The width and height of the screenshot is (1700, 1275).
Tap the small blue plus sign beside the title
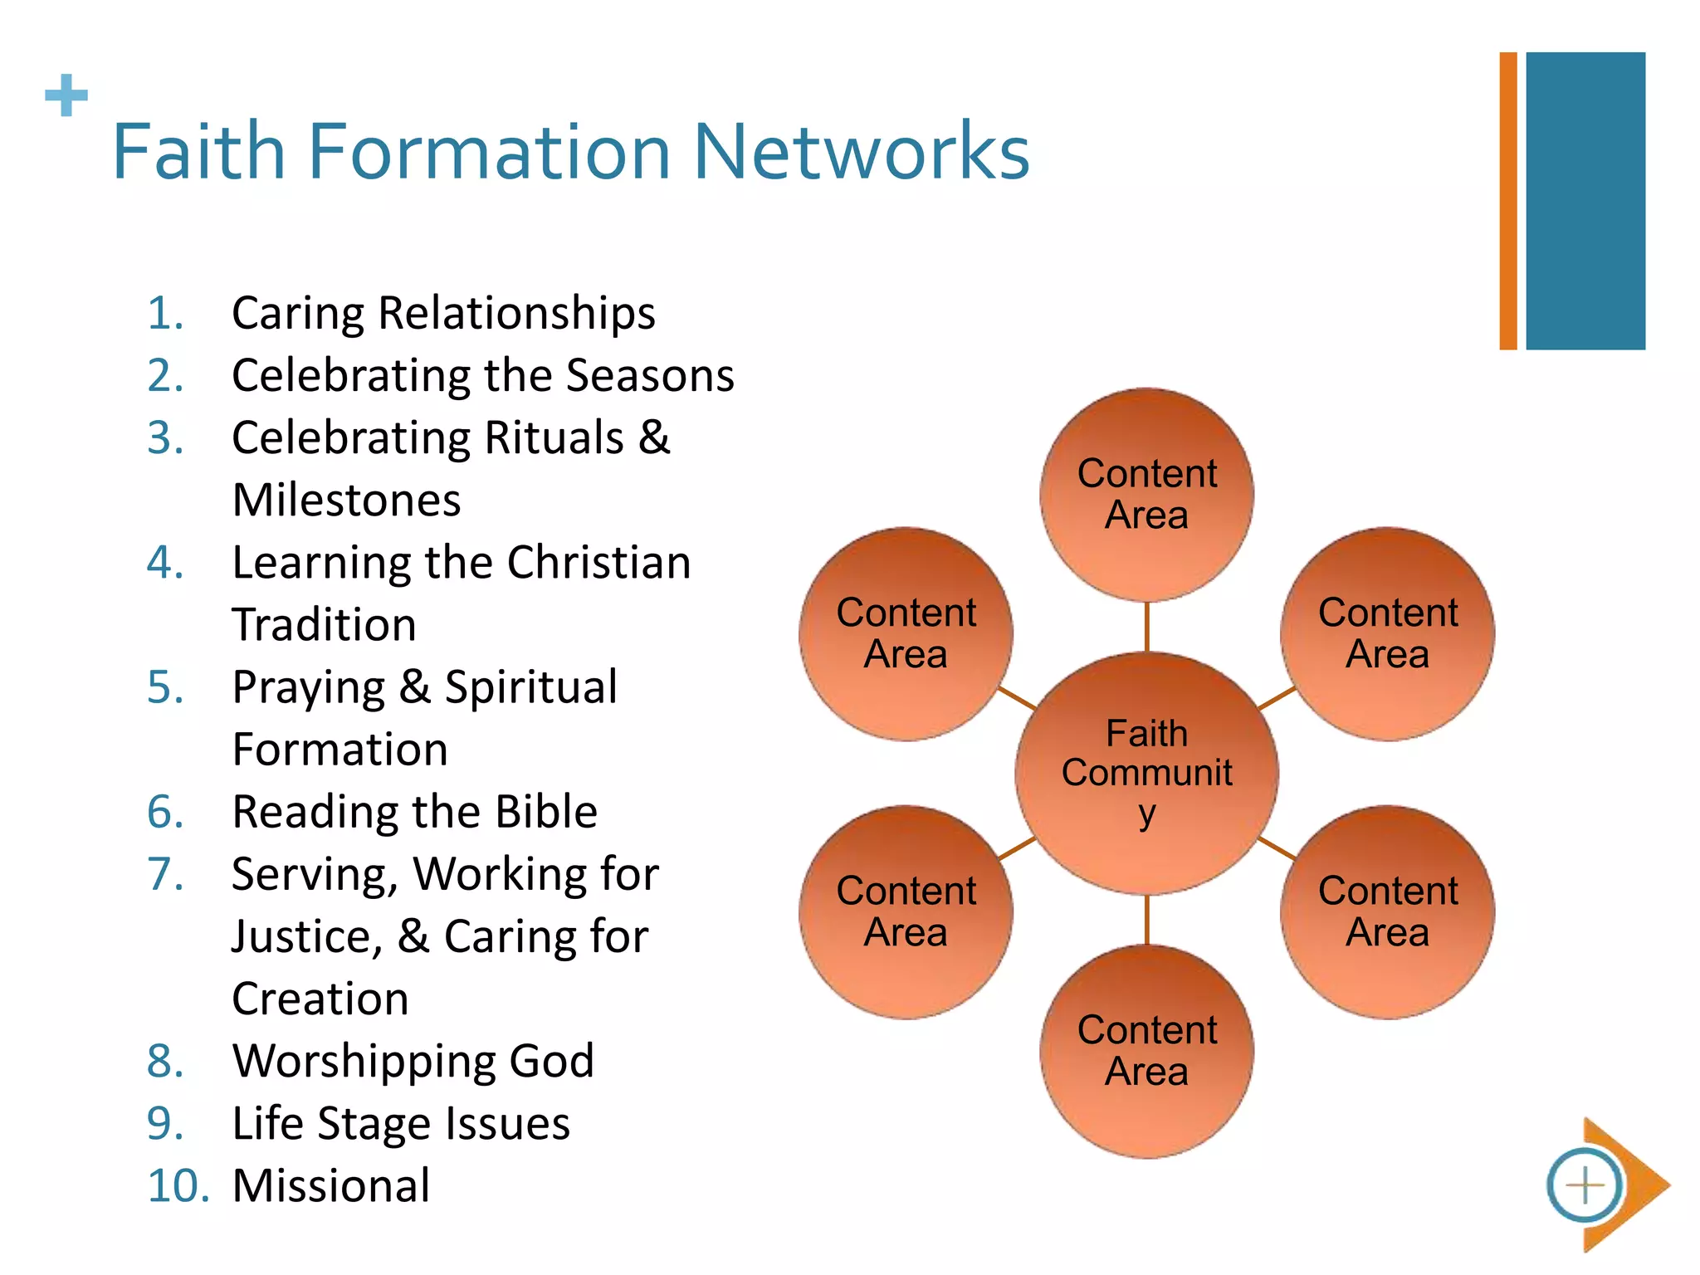(x=66, y=95)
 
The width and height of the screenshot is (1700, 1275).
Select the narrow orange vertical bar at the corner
(x=1507, y=201)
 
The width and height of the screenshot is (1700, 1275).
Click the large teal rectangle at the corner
(x=1585, y=201)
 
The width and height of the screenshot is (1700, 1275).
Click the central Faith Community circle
(x=1146, y=773)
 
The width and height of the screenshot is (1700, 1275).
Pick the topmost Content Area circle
(x=1146, y=495)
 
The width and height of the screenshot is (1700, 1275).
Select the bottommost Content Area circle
(x=1146, y=1051)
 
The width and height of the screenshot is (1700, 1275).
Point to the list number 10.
(x=178, y=1185)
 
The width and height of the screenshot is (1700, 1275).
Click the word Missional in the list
(x=331, y=1185)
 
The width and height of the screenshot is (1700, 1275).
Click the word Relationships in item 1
(x=516, y=314)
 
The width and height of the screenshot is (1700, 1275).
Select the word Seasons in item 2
(x=651, y=375)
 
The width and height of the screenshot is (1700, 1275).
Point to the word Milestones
(x=346, y=501)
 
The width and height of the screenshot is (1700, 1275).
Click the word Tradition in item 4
(x=324, y=625)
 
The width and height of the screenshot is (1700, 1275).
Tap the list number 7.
(x=165, y=874)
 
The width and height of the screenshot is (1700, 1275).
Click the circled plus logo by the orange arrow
(x=1585, y=1185)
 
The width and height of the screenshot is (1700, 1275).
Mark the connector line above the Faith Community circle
(x=1146, y=627)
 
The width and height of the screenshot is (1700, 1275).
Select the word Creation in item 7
(x=320, y=999)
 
